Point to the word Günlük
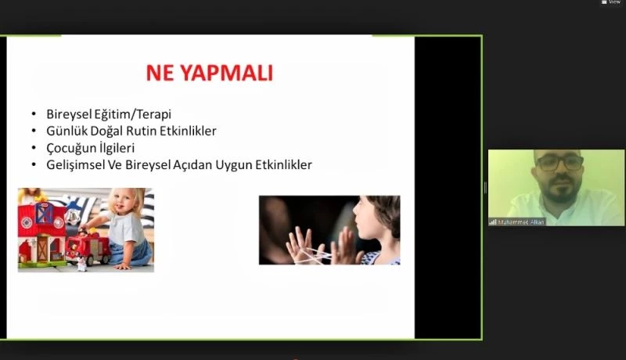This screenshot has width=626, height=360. click(x=66, y=131)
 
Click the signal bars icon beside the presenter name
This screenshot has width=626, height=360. click(x=493, y=221)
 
